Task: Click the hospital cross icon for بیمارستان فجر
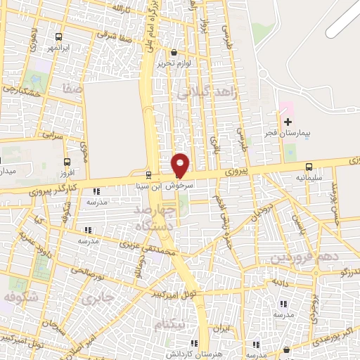tap(288, 122)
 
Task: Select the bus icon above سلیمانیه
tap(309, 167)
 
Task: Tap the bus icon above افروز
tap(68, 161)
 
